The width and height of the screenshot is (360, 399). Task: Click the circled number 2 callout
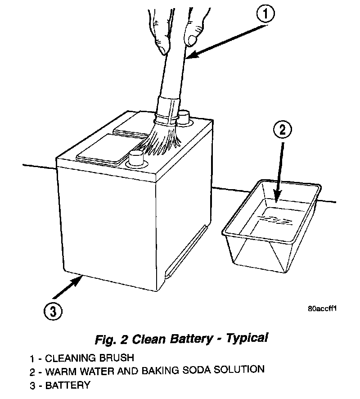tap(282, 130)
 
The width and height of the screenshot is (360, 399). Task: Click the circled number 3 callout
tap(53, 310)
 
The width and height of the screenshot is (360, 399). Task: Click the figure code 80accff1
tap(323, 309)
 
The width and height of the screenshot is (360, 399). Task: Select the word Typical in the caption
tap(247, 338)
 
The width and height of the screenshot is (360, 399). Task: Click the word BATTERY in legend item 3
tap(67, 385)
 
